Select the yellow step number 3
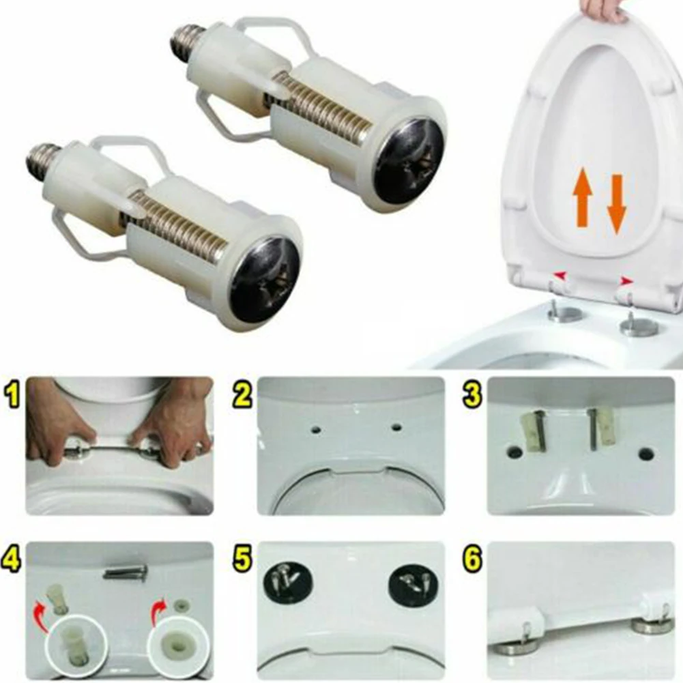coord(473,396)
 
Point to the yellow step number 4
coord(12,560)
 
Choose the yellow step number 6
coord(473,560)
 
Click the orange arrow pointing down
coord(617,203)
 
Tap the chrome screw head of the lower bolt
coord(265,278)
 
